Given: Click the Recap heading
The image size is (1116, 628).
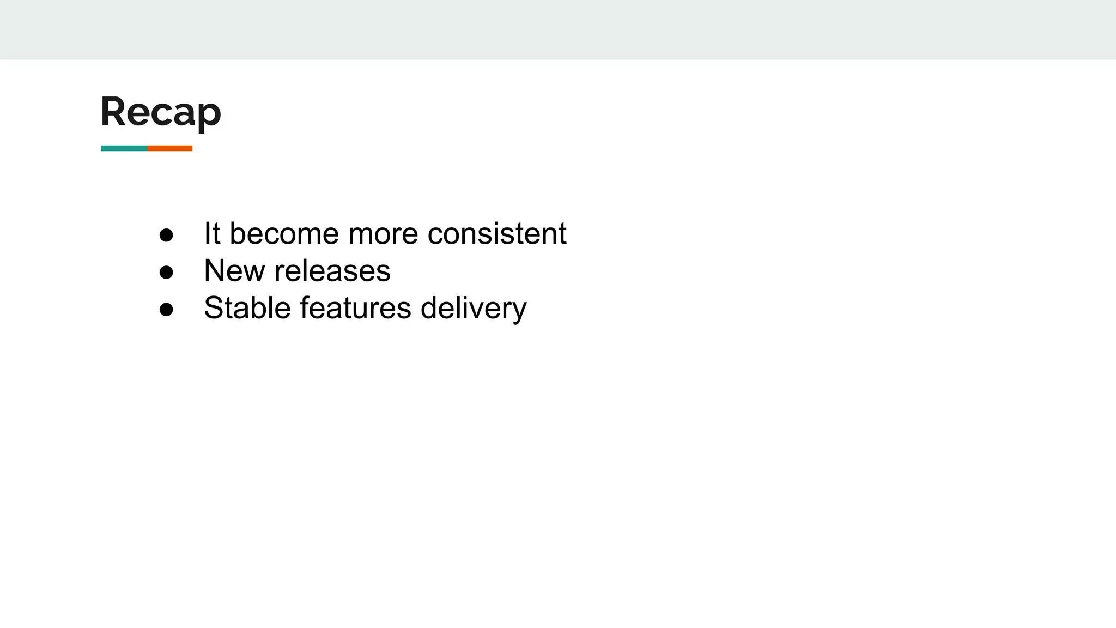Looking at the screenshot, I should pos(161,112).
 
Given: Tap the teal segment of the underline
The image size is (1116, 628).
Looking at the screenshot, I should pos(124,148).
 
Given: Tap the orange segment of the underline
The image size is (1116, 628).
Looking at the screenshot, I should pos(169,148).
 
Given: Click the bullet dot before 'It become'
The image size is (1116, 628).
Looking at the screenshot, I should pos(166,235).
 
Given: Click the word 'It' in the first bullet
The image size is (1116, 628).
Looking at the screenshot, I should pos(212,233).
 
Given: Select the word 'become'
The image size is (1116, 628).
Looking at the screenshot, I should pos(284,233).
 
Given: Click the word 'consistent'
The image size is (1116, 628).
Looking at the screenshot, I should pos(497,233).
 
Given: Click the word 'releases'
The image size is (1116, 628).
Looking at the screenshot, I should pos(332,270).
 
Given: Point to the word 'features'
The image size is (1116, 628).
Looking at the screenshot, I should pos(355,307).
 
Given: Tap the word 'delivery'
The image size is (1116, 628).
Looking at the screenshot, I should pos(474,309).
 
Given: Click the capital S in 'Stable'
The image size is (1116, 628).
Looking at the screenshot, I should pos(214,307).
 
